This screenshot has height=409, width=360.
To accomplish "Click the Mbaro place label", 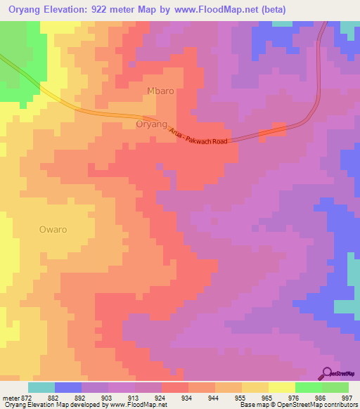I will point(159,92).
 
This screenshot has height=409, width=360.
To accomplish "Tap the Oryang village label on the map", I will point(151,124).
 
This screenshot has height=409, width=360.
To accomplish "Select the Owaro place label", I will point(53,229).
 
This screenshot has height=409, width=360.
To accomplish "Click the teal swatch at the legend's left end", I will point(41,387).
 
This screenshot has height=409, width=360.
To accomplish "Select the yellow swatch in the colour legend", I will point(255,387).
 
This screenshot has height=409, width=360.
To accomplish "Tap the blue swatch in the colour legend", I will point(67,387).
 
